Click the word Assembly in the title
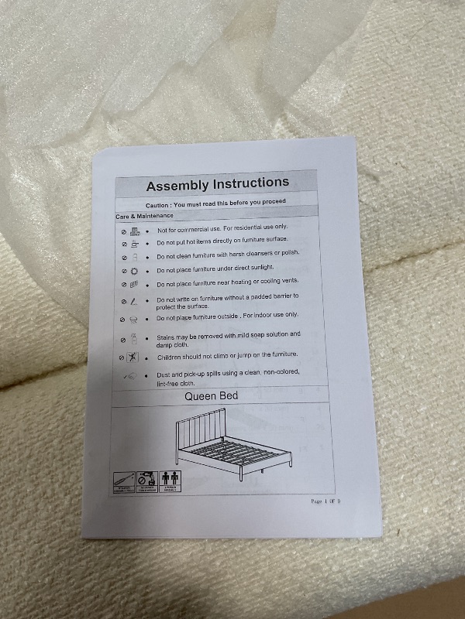click(177, 186)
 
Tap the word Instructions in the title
click(250, 183)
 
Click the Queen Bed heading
click(211, 396)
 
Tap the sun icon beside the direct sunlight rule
click(134, 272)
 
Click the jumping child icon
click(134, 358)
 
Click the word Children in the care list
click(172, 358)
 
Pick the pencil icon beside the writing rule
click(134, 301)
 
